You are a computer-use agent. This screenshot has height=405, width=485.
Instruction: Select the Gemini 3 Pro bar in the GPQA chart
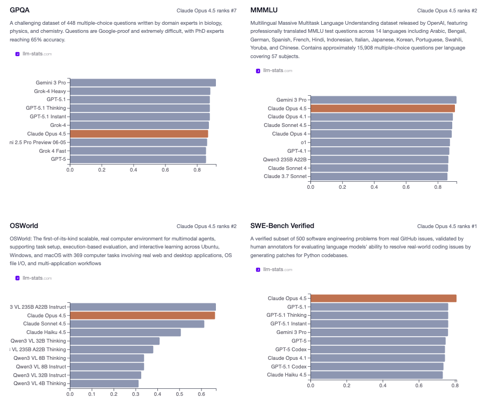click(x=142, y=83)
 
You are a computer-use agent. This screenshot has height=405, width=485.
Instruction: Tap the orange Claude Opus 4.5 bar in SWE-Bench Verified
click(x=383, y=299)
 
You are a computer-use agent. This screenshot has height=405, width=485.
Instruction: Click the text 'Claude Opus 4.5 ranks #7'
click(x=206, y=10)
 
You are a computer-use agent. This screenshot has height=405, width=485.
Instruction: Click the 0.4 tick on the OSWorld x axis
click(x=157, y=393)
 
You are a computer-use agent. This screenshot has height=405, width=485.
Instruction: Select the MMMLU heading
click(x=264, y=10)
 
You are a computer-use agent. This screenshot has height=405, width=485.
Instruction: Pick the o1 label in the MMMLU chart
click(x=303, y=143)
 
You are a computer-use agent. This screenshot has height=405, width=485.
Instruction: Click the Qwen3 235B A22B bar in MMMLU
click(x=379, y=160)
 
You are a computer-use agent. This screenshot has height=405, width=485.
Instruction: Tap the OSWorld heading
click(x=24, y=225)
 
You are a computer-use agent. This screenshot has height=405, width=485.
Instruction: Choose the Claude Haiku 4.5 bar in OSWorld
click(x=125, y=332)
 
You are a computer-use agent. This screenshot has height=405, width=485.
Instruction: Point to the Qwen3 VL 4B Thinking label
click(x=40, y=383)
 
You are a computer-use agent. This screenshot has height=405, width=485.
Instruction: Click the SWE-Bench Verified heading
click(x=282, y=225)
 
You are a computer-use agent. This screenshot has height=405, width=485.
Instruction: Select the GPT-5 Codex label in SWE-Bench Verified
click(x=291, y=350)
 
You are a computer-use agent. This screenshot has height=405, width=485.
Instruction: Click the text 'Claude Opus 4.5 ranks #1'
click(x=447, y=226)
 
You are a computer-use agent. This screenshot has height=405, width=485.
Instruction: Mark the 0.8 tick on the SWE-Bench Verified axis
click(x=454, y=385)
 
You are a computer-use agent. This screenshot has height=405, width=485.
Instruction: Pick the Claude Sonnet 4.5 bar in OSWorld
click(x=137, y=324)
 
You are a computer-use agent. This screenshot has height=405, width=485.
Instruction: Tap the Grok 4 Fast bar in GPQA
click(x=138, y=151)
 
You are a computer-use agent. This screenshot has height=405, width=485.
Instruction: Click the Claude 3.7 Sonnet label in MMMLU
click(x=285, y=176)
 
